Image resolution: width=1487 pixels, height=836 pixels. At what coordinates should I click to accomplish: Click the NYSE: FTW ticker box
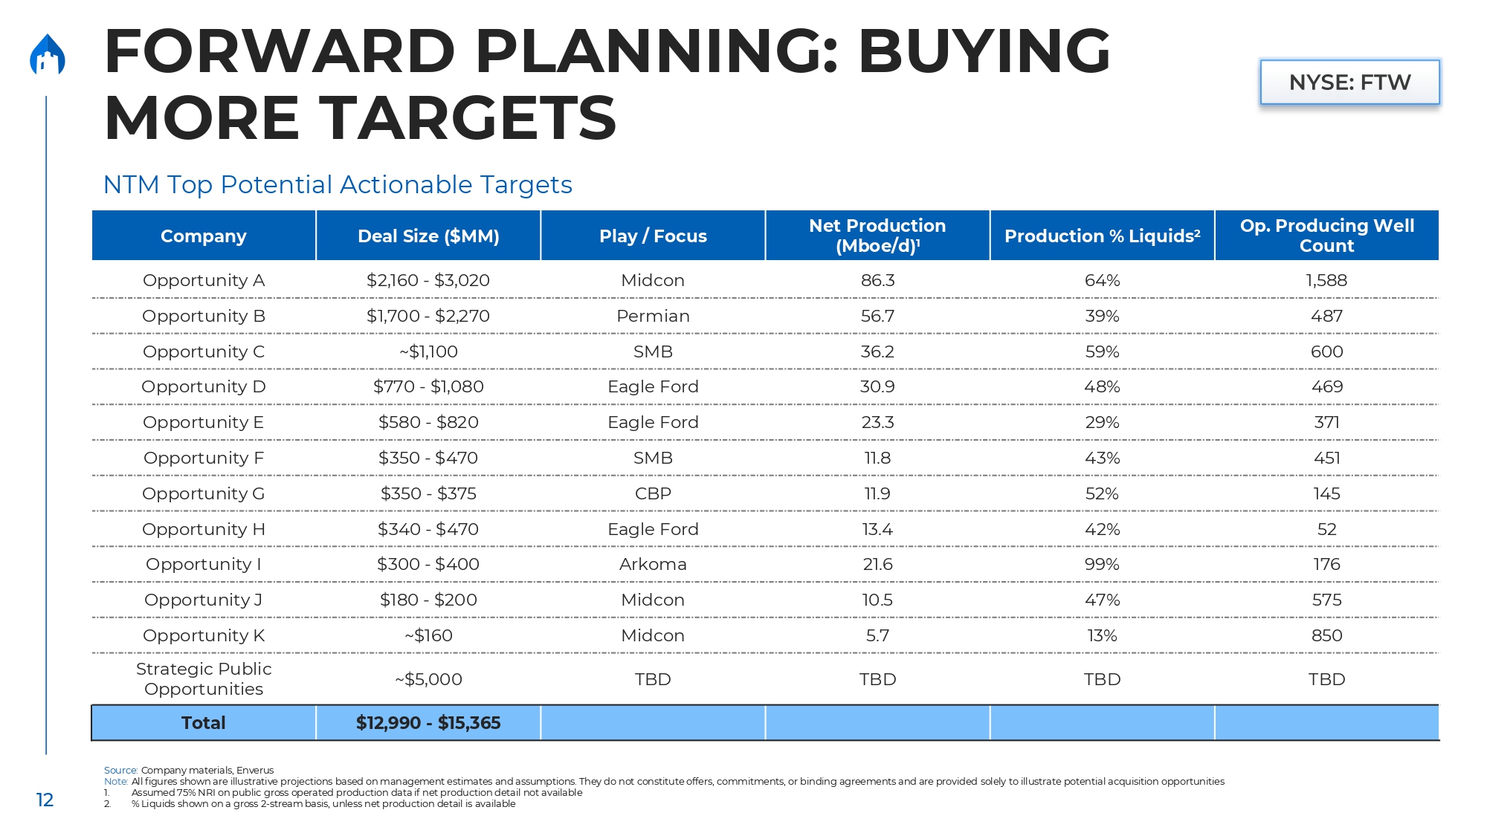(1349, 82)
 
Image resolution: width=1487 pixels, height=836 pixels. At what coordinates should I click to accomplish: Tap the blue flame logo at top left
(48, 55)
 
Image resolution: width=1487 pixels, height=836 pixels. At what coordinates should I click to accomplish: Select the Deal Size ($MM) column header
(428, 236)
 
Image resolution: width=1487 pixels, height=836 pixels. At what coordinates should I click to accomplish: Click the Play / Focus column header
(653, 236)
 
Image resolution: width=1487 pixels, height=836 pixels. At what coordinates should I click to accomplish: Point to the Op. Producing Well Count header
(1326, 236)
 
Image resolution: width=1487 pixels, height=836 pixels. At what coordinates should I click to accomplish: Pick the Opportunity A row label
(204, 280)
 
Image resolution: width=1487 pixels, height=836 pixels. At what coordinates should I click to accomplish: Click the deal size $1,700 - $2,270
(428, 316)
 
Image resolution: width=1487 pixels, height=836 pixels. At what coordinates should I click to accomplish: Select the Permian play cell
(653, 316)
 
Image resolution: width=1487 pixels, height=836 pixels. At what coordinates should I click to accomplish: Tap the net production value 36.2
(877, 351)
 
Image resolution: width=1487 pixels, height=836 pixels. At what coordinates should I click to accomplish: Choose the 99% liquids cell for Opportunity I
(1102, 564)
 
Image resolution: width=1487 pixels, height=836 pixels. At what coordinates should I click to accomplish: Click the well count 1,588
(1326, 280)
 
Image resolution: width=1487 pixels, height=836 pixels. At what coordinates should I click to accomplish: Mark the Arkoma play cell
(653, 564)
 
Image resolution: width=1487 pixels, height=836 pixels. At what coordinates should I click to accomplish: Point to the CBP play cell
(653, 493)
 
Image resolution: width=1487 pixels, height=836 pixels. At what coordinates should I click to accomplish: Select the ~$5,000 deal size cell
(428, 679)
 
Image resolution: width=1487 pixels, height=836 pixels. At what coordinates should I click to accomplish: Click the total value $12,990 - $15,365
(428, 723)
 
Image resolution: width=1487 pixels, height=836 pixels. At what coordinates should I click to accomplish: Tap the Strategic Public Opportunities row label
(204, 679)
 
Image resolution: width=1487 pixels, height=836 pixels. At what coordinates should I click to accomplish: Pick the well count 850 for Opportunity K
(1326, 635)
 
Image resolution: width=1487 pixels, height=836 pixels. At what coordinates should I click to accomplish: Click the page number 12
(45, 800)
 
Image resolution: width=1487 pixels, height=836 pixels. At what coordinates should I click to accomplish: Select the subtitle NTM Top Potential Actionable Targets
(338, 184)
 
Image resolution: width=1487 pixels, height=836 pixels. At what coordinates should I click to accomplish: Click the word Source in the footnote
(120, 770)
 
